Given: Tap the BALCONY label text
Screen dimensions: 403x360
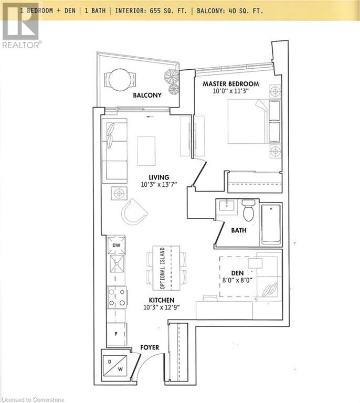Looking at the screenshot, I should [x=147, y=96].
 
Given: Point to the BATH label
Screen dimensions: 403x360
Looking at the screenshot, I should [x=239, y=230].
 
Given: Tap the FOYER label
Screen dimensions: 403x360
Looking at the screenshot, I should [x=150, y=347].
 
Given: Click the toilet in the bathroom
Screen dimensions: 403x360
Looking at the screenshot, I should [x=249, y=210].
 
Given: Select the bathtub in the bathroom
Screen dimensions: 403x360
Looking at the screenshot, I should [x=271, y=224].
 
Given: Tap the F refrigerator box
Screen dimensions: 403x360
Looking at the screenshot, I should [x=117, y=333].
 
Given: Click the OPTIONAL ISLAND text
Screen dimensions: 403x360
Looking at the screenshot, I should [x=163, y=268].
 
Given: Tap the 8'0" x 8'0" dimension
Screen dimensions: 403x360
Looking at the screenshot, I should [x=238, y=281].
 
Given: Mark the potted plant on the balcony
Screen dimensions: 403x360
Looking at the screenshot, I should [x=172, y=79].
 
